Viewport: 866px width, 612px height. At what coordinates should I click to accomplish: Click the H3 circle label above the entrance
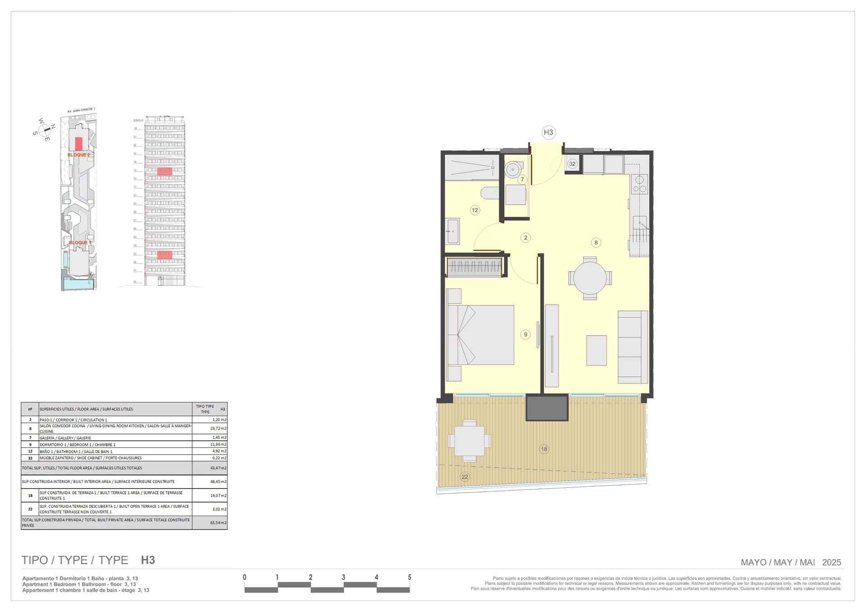tap(548, 132)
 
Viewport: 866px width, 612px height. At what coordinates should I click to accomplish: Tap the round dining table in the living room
tap(590, 278)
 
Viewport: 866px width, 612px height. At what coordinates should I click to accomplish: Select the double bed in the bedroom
tap(481, 335)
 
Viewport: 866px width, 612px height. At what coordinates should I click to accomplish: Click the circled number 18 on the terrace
tap(544, 449)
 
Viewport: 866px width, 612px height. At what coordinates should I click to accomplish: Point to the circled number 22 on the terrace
tap(465, 477)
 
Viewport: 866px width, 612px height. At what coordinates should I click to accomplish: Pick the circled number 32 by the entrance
tap(572, 164)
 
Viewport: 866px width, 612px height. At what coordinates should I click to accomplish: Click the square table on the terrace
tap(470, 441)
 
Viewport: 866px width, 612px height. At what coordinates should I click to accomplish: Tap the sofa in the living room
tap(632, 347)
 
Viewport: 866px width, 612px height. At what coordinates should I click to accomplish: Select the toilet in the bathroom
tap(489, 193)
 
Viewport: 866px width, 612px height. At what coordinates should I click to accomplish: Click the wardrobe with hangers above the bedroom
tap(474, 267)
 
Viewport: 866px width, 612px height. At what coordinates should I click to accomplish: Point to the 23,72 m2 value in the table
tap(218, 429)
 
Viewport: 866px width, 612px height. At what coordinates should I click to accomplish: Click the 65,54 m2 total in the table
tap(218, 523)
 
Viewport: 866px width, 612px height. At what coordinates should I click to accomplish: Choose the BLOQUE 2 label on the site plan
tap(79, 155)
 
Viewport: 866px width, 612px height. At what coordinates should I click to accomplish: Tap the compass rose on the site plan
tap(45, 130)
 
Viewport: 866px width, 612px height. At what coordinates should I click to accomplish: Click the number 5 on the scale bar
tap(410, 577)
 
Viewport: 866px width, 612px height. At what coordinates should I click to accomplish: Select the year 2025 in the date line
tap(831, 562)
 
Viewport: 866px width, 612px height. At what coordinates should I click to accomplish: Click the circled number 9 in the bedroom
tap(525, 334)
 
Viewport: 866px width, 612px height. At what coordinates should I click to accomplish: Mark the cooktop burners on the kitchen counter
tap(639, 184)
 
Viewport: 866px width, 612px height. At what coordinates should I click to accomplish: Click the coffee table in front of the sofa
tap(596, 350)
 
